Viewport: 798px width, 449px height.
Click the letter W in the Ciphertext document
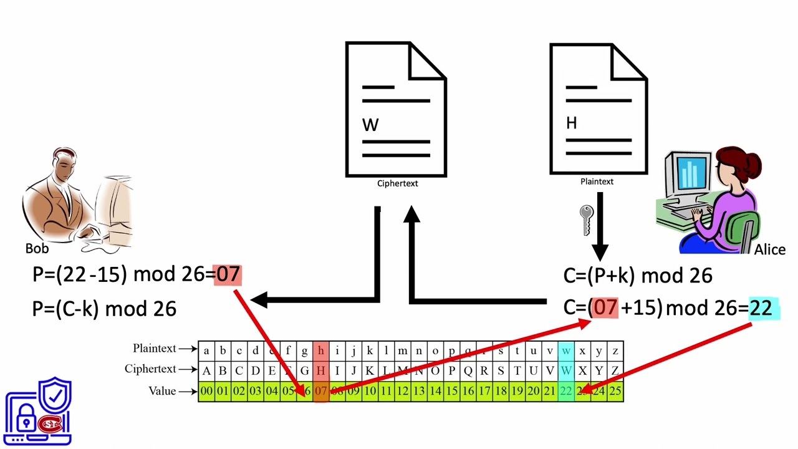tap(370, 125)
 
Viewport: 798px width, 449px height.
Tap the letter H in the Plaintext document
tap(571, 123)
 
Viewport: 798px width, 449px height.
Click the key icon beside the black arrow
tap(586, 220)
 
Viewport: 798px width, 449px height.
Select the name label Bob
tap(37, 248)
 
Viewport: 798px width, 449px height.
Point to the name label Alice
tap(769, 249)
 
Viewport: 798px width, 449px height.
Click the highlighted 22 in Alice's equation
tap(761, 307)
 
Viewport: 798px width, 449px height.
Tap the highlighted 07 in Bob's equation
tap(228, 274)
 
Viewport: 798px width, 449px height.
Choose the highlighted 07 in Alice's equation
tap(605, 307)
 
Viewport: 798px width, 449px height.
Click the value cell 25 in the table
tap(615, 392)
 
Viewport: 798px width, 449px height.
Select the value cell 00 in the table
tap(206, 392)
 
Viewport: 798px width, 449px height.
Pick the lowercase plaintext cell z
tap(615, 350)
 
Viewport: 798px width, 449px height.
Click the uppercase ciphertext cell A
tap(206, 370)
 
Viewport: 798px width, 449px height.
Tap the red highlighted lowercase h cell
tap(320, 350)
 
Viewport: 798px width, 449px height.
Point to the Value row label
tap(162, 391)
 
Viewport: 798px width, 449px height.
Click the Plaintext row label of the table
tap(154, 349)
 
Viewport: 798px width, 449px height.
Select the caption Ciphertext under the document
tap(397, 183)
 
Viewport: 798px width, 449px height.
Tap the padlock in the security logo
tap(26, 422)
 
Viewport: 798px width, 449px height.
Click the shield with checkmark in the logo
tap(55, 395)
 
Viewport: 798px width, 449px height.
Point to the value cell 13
tap(419, 392)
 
